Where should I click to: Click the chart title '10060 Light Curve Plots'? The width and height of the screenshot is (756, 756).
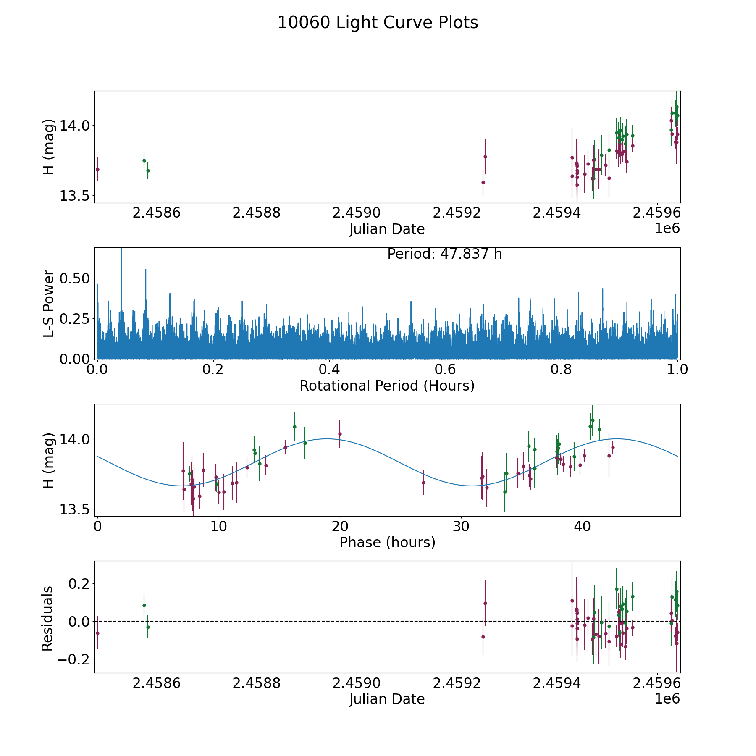click(378, 23)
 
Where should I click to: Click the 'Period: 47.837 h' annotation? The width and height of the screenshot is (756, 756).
click(444, 254)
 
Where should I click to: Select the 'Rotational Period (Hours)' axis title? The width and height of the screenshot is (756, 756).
click(387, 386)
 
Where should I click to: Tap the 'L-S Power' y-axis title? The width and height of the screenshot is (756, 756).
click(49, 303)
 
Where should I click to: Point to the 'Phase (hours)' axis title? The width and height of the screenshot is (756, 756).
click(387, 542)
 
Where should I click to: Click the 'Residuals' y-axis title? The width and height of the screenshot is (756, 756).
click(47, 618)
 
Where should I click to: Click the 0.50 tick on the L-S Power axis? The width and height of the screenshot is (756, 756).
click(75, 278)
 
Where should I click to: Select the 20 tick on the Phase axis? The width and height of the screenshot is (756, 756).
click(340, 526)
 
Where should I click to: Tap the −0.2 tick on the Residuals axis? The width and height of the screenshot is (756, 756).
click(71, 659)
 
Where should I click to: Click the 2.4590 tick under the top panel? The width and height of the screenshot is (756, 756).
click(357, 213)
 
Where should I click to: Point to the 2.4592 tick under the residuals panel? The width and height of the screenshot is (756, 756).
click(457, 683)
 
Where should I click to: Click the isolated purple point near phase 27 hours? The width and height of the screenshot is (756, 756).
click(423, 483)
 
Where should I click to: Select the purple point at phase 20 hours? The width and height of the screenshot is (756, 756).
click(340, 434)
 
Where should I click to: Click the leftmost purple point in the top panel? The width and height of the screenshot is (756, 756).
click(97, 169)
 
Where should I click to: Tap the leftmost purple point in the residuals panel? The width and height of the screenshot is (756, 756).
click(97, 633)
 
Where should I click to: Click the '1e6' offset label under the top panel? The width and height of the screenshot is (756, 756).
click(667, 228)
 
